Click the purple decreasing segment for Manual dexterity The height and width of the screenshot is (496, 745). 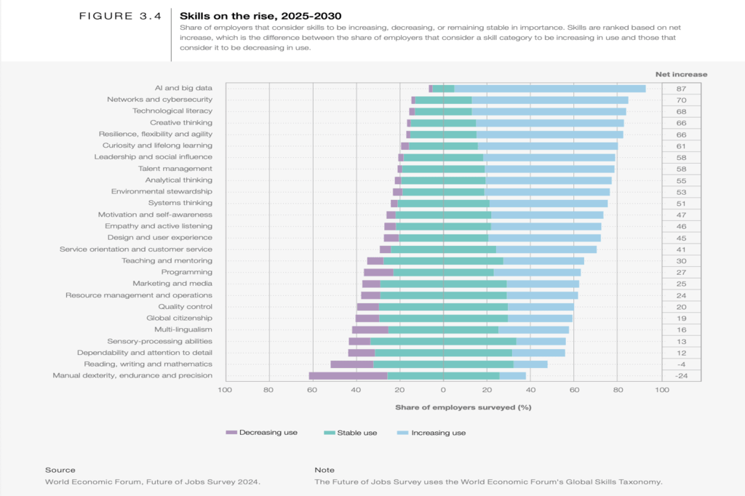(x=348, y=375)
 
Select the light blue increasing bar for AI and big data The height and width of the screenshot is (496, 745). (x=550, y=88)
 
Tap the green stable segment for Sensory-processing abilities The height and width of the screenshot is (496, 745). (x=443, y=341)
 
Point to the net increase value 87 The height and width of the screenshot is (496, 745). (x=681, y=88)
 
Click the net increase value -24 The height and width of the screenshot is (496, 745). (x=681, y=375)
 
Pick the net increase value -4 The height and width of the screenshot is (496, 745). (x=681, y=364)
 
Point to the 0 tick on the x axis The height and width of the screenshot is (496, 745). (x=444, y=391)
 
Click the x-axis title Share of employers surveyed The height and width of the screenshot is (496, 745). (x=463, y=407)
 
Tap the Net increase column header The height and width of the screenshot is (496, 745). (x=681, y=74)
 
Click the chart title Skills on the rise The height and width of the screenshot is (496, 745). (x=260, y=15)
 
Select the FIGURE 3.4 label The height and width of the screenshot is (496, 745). (x=120, y=15)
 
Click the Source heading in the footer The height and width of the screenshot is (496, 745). (x=60, y=470)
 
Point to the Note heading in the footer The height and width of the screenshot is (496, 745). (x=324, y=470)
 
